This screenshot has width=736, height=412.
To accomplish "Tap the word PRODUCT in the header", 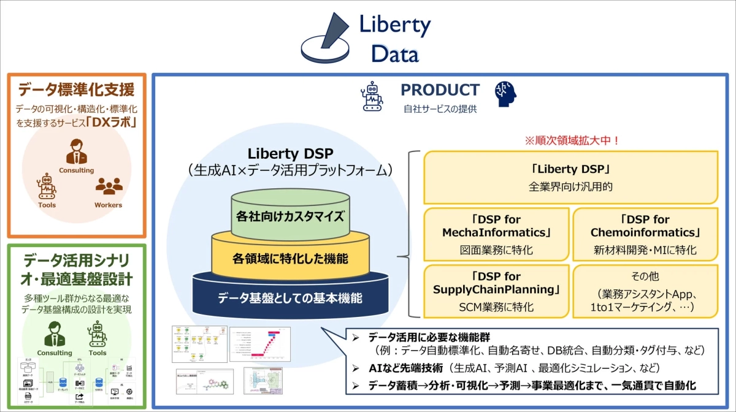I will pos(440,90).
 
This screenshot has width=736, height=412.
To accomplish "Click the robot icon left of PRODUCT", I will pos(372,97).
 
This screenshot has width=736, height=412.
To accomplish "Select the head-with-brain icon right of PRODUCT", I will pos(505,95).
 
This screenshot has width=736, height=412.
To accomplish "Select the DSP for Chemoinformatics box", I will pos(645,234).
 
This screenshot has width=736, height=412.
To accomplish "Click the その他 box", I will pos(645,290).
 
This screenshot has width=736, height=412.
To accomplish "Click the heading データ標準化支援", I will pos(76,90).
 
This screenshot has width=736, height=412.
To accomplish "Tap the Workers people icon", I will pos(109,186).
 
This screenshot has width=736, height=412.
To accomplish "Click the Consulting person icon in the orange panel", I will pos(76,151).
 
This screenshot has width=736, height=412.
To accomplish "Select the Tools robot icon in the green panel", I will pos(98,334).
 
